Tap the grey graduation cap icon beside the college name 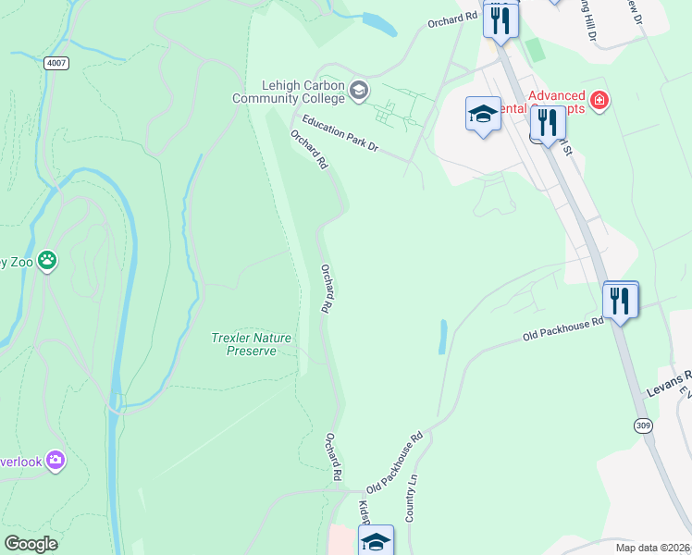click(359, 90)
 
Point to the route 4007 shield click(55, 63)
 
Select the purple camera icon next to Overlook click(56, 460)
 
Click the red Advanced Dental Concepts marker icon click(599, 100)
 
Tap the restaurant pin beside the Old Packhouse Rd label click(619, 300)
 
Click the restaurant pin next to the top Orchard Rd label click(500, 18)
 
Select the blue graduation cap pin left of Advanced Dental click(482, 114)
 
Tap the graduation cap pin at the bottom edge click(376, 542)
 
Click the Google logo click(31, 544)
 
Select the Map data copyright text click(653, 547)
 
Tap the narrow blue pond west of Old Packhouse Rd click(442, 338)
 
